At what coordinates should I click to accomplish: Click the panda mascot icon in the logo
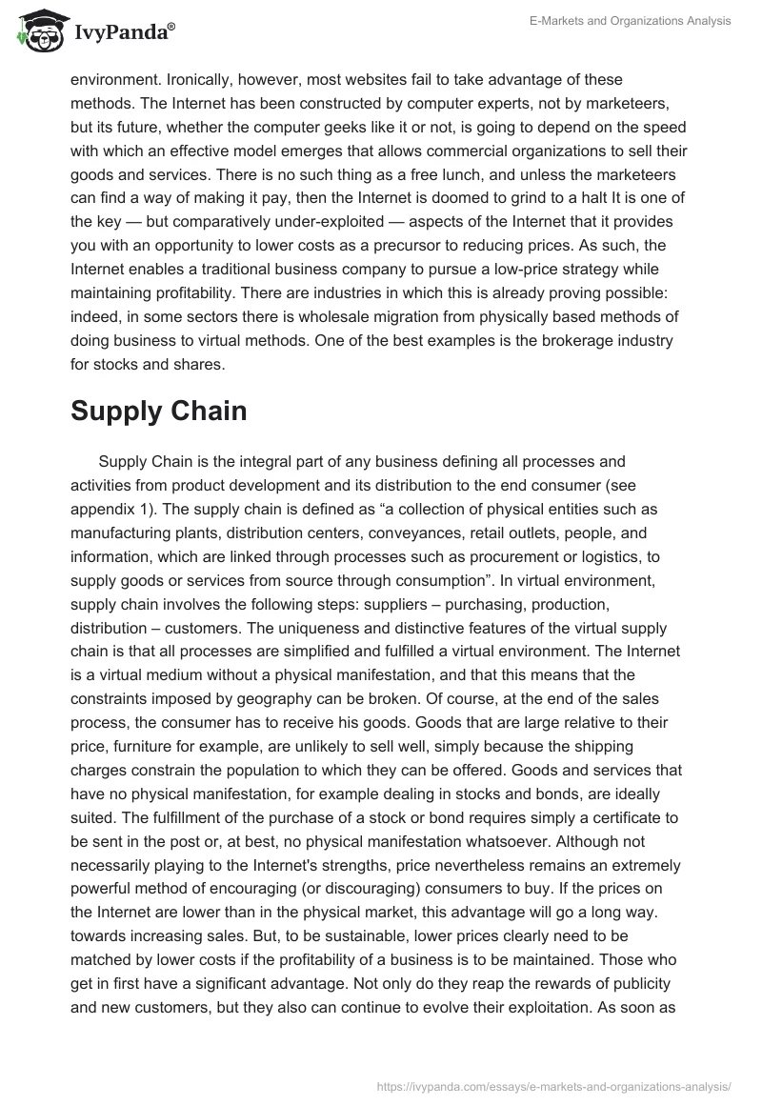(x=35, y=32)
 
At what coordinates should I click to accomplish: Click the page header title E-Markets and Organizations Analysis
(x=631, y=22)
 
